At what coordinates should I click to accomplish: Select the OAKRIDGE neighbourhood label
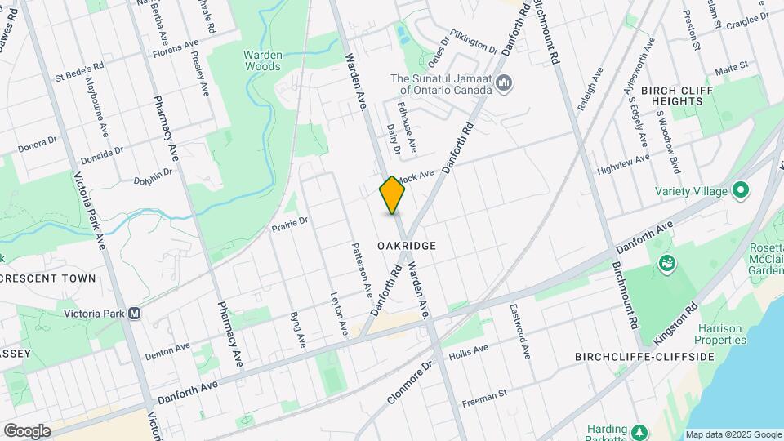pyautogui.click(x=407, y=246)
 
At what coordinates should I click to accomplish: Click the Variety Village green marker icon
pyautogui.click(x=742, y=191)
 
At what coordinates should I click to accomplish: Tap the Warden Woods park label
pyautogui.click(x=262, y=61)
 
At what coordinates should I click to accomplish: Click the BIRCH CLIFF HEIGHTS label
pyautogui.click(x=672, y=96)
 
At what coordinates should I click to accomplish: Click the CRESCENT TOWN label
pyautogui.click(x=49, y=278)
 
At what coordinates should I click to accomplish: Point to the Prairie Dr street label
pyautogui.click(x=291, y=222)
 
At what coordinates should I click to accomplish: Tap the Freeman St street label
pyautogui.click(x=484, y=398)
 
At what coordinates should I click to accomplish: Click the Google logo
pyautogui.click(x=27, y=430)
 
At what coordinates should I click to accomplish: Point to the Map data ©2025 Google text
pyautogui.click(x=733, y=434)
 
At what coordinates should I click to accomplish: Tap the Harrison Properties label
pyautogui.click(x=721, y=334)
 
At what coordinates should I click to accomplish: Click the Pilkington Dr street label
pyautogui.click(x=474, y=43)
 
